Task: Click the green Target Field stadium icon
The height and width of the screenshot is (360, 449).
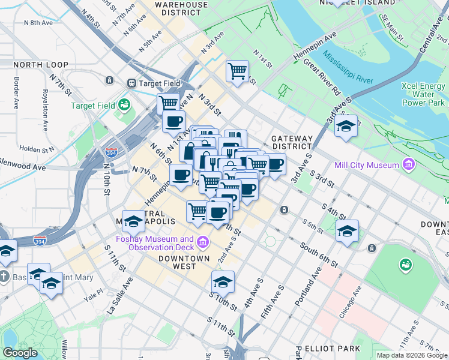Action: pos(124,105)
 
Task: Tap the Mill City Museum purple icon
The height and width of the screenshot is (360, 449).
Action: pos(409,164)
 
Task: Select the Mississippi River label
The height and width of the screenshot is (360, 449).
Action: pos(348,70)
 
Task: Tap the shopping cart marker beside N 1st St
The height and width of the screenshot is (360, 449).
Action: pos(238,71)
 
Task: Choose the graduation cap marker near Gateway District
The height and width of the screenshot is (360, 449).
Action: pos(346,127)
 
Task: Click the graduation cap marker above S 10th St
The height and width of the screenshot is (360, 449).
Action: pos(223,281)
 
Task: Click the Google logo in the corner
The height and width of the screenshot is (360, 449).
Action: pos(19,353)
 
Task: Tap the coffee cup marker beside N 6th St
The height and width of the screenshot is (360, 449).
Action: pos(181,175)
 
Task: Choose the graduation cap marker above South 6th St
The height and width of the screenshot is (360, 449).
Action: pos(347,231)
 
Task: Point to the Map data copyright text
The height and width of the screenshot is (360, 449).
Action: pos(412,355)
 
